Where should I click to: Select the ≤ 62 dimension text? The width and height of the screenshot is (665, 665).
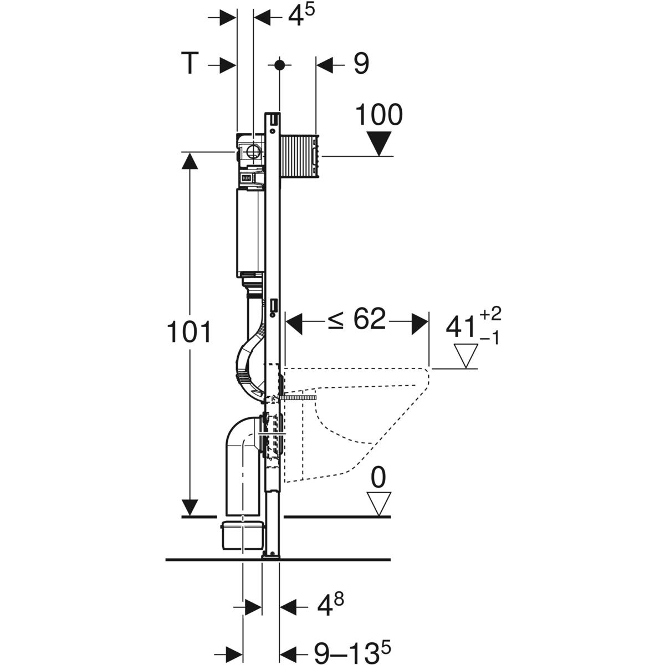(x=356, y=320)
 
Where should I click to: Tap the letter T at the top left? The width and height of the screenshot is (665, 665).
(x=190, y=64)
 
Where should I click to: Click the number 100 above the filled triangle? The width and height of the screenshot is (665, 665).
(x=378, y=115)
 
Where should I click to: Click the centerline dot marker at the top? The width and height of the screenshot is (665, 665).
(x=279, y=65)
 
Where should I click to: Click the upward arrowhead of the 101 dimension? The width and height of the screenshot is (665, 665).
(x=190, y=161)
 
